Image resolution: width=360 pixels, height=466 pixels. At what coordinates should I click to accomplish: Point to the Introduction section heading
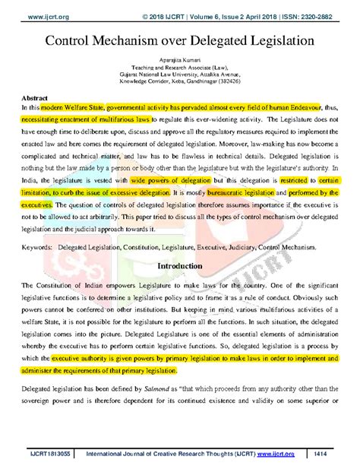pyautogui.click(x=180, y=268)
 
